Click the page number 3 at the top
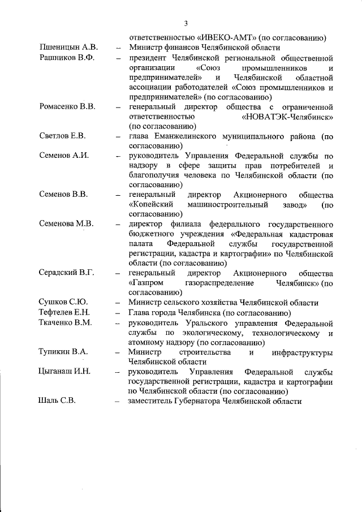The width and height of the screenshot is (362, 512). (184, 23)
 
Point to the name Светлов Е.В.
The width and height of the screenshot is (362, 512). (62, 136)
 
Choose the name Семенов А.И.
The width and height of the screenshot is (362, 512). (64, 155)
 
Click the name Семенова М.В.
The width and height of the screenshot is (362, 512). (66, 223)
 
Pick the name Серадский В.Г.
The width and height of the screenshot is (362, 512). (66, 272)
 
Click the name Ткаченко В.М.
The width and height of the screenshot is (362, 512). (66, 322)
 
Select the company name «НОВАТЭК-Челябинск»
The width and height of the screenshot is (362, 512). (287, 117)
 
